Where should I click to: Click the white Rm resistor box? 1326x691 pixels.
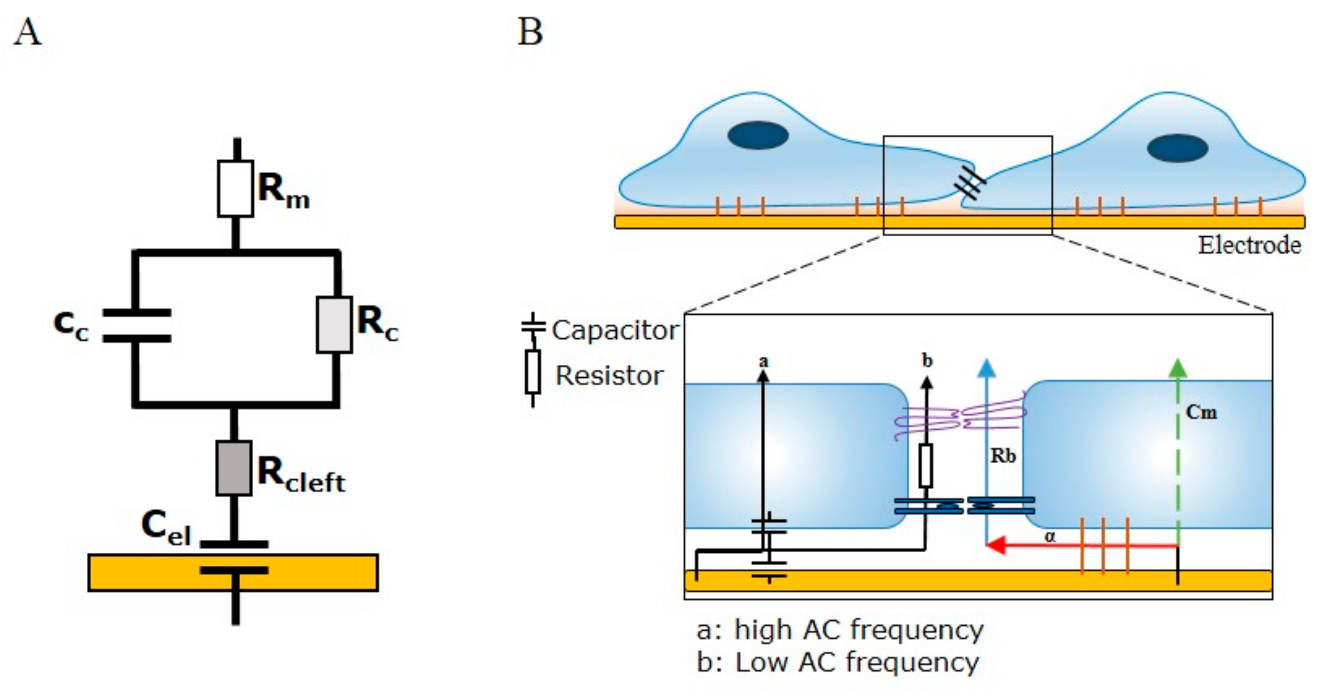[x=235, y=188]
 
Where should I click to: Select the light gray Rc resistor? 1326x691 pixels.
[x=334, y=325]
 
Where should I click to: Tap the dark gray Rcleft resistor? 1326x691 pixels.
[x=234, y=468]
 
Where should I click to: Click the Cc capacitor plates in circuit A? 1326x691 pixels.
[x=137, y=325]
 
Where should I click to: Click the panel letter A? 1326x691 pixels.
[x=27, y=32]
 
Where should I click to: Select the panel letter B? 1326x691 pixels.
[x=530, y=32]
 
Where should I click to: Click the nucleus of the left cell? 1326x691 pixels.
[x=758, y=135]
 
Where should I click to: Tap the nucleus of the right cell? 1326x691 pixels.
[x=1177, y=148]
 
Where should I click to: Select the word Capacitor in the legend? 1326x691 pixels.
[x=615, y=330]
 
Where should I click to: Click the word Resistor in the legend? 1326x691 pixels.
[x=609, y=376]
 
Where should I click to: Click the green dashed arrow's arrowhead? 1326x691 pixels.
[x=1178, y=369]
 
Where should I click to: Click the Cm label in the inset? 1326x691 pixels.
[x=1201, y=412]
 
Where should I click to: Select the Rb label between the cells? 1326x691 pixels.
[x=1003, y=455]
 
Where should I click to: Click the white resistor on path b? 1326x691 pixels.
[x=925, y=465]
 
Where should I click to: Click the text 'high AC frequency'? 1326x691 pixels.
[x=859, y=630]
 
